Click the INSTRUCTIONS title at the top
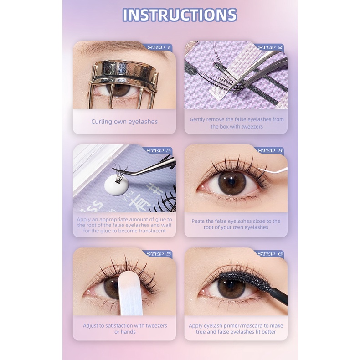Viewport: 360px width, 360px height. tap(180, 15)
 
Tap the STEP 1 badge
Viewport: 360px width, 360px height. tap(159, 47)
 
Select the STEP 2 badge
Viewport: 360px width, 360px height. tap(270, 47)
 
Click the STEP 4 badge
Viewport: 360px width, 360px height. tap(270, 150)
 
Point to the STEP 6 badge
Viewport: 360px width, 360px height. tap(270, 254)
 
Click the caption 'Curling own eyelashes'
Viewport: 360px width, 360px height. tap(124, 122)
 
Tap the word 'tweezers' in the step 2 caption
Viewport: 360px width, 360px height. tap(252, 127)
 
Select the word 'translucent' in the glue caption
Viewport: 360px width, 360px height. tap(150, 231)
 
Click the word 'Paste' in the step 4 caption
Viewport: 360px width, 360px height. tap(199, 221)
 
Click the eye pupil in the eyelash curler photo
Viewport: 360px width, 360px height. tap(121, 88)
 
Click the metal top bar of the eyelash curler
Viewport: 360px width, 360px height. tap(123, 68)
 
